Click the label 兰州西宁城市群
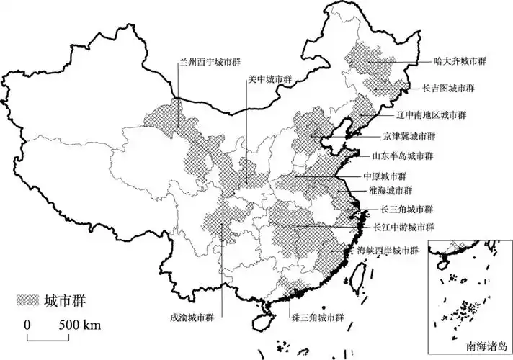[208, 63]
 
